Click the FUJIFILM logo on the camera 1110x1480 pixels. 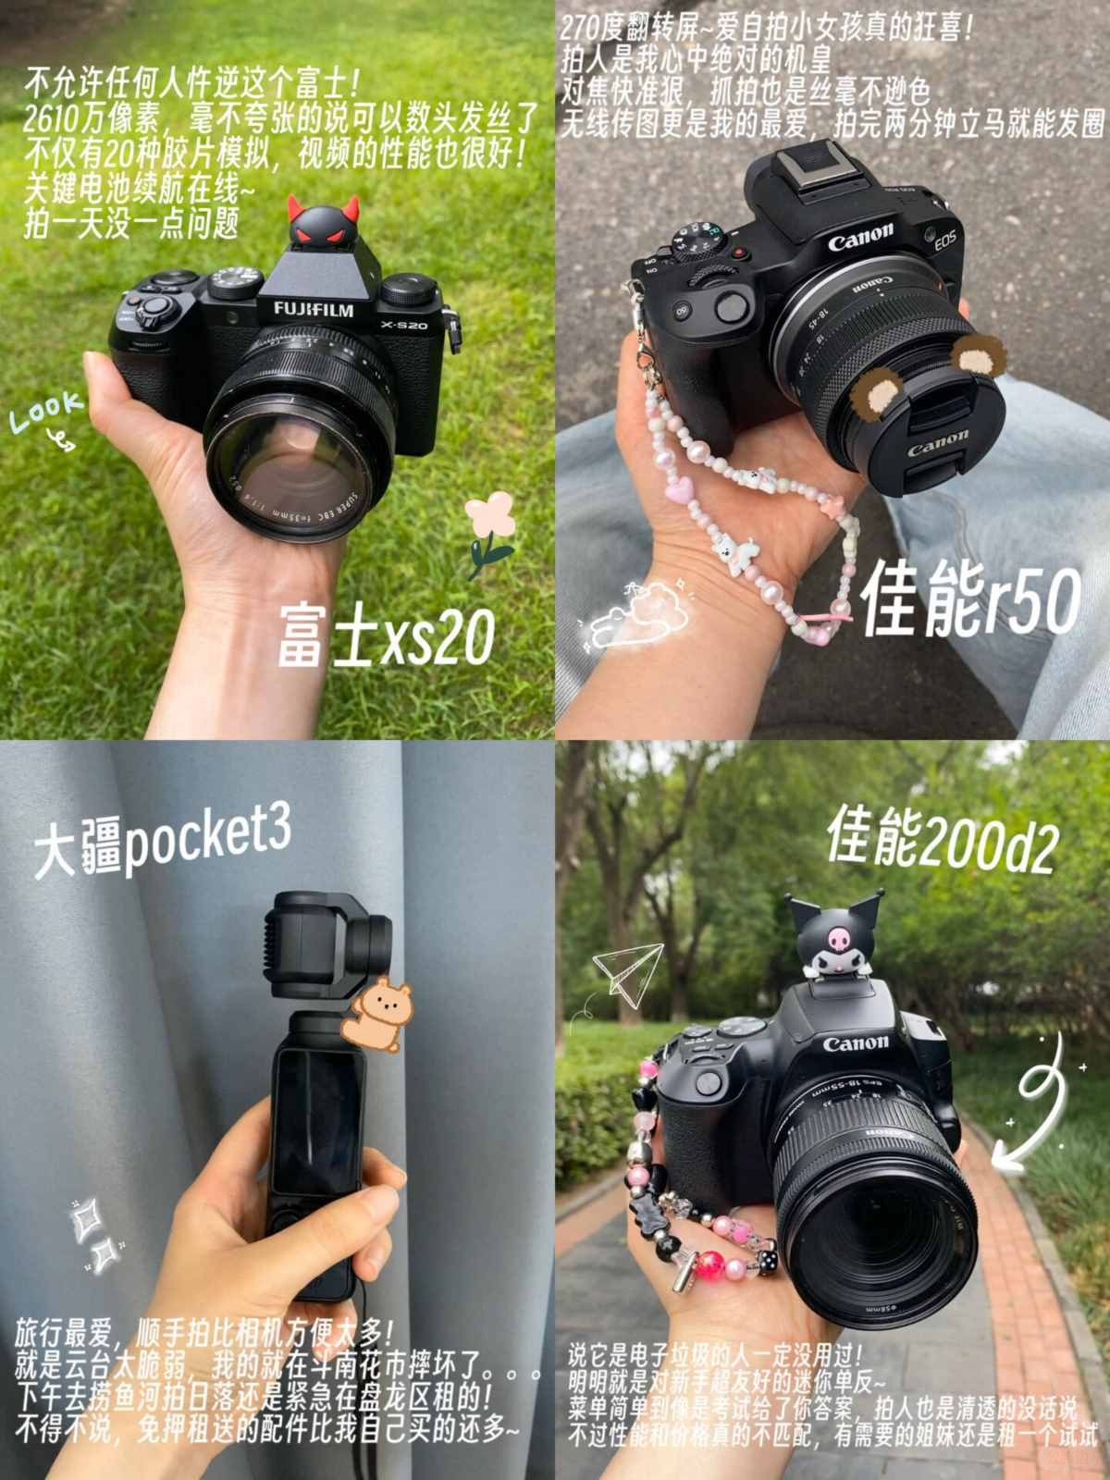click(x=314, y=309)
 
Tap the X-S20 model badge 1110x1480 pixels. click(x=403, y=325)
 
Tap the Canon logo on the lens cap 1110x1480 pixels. click(x=937, y=443)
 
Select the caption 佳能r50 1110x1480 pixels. click(x=970, y=600)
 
